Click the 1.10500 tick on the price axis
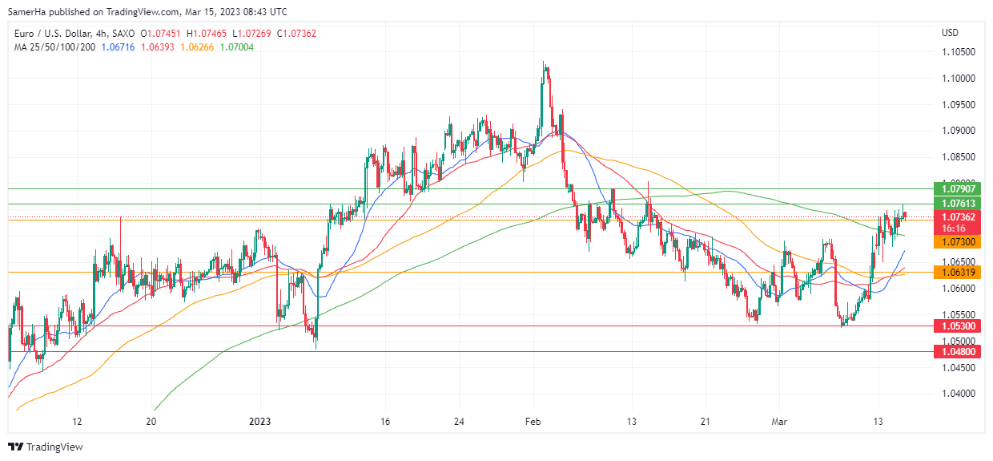click(957, 52)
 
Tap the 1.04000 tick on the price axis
click(957, 394)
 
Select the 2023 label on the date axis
click(261, 421)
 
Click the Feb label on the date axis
click(533, 421)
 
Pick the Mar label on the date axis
click(780, 421)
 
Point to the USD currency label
click(950, 33)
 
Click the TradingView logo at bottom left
click(46, 447)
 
